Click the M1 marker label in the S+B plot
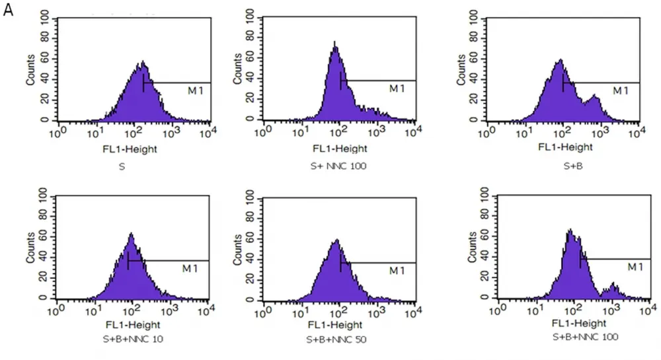(x=621, y=90)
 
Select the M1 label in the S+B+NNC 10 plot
(x=190, y=268)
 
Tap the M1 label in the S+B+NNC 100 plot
(x=635, y=266)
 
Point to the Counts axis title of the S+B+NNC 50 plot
(x=239, y=247)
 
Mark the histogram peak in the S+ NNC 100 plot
(x=335, y=45)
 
